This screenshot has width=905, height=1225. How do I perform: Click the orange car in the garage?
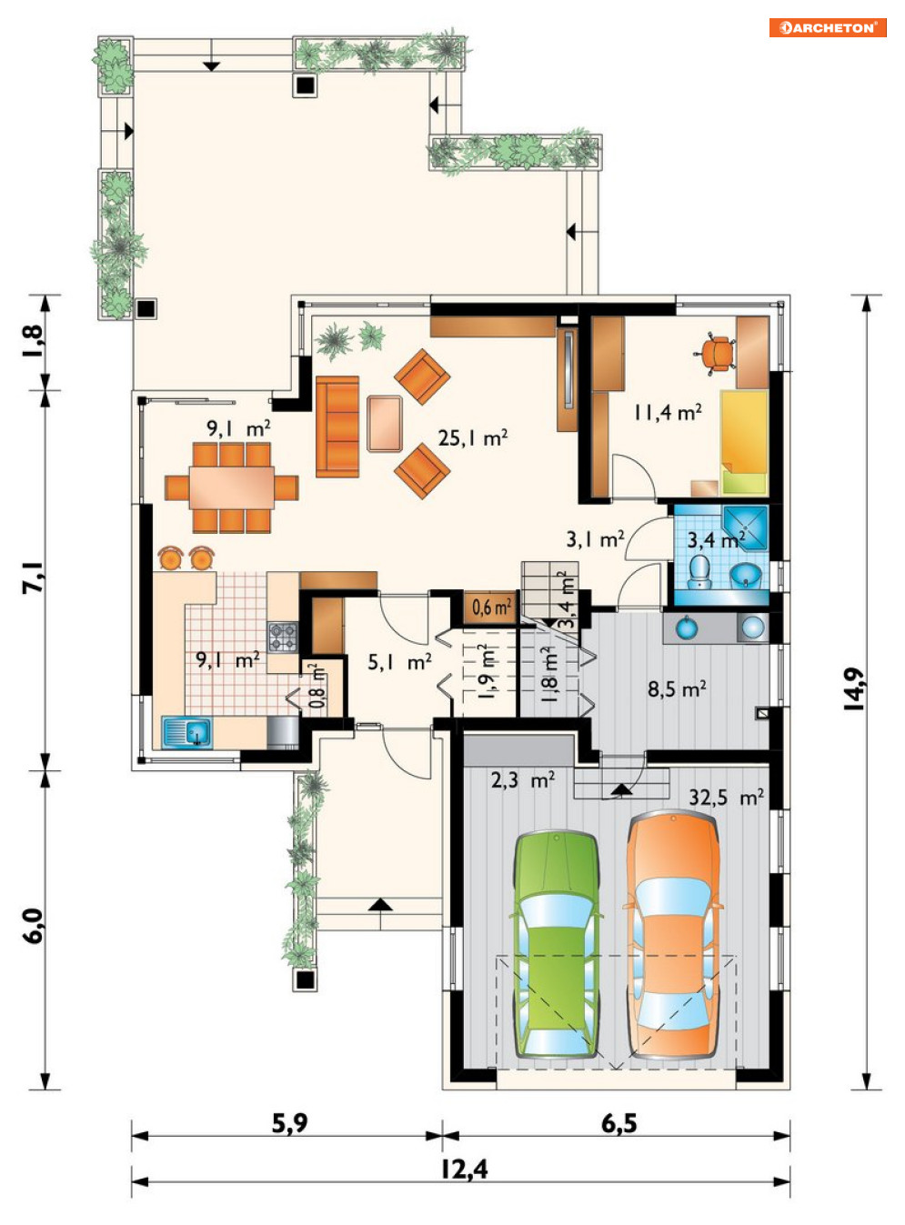tap(673, 935)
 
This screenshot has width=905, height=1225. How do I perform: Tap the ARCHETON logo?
tap(827, 27)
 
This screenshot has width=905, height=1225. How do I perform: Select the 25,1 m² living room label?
tap(473, 438)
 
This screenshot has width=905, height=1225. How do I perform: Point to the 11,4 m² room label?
tap(668, 413)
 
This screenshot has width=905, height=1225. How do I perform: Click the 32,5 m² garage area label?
tap(727, 798)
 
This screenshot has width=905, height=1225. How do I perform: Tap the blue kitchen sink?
tap(186, 732)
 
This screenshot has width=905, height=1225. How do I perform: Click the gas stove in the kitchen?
tap(283, 637)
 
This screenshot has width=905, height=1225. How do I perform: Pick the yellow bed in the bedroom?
tap(744, 442)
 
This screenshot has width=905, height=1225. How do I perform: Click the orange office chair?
tap(716, 354)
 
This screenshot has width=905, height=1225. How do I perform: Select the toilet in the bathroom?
tap(699, 572)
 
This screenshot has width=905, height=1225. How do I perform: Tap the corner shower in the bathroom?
tap(745, 527)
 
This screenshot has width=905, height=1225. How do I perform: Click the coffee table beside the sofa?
tap(384, 424)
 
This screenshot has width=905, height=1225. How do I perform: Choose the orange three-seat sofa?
tap(337, 427)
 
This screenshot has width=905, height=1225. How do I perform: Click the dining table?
tap(232, 487)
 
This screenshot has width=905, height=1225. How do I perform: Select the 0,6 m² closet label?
tap(491, 607)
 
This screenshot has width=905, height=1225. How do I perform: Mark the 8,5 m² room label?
tap(677, 688)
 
